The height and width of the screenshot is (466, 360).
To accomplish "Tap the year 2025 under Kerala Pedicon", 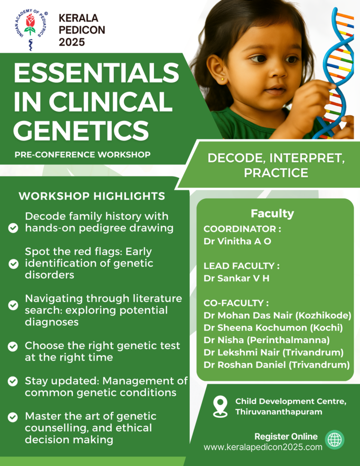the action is pos(71,42).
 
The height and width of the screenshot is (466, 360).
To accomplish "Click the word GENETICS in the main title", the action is pos(81,130).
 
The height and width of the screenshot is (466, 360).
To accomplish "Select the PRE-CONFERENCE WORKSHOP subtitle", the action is pos(82,155).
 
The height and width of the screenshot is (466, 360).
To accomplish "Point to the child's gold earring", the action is pos(223,79).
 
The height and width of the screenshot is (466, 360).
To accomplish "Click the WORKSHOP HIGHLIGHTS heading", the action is pos(92,196).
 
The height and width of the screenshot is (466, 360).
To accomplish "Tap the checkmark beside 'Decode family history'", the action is pos(13,228).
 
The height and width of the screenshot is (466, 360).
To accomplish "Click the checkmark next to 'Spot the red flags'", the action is pos(13,263).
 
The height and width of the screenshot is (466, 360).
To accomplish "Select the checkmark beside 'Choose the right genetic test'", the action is pos(13,346).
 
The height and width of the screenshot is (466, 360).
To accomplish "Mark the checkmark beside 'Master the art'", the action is pos(13,417).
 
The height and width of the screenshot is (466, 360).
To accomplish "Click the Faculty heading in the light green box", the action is pos(272,214).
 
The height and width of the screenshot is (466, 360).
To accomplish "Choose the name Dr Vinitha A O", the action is pos(237,241).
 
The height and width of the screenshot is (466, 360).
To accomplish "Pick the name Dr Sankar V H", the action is pos(236,279).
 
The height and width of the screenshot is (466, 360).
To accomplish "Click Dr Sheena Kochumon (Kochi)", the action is pos(273,328).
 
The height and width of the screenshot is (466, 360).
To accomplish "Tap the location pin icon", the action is pos(220,406).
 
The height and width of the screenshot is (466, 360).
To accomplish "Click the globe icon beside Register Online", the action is pos(335,440).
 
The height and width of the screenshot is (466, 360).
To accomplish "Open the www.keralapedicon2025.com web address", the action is pos(263,447).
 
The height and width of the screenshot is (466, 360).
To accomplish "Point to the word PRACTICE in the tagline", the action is pos(276,173).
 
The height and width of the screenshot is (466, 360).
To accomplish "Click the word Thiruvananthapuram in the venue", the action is pos(279,412).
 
